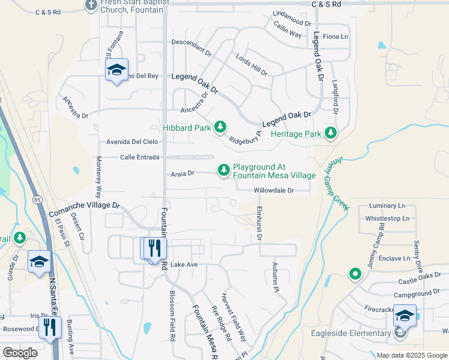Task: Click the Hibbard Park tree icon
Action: click(221, 127)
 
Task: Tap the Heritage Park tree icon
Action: click(330, 133)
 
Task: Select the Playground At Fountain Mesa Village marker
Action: click(224, 170)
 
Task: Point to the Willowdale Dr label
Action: click(273, 190)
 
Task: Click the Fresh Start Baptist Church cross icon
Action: click(91, 6)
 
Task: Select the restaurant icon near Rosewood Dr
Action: click(49, 327)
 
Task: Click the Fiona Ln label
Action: click(336, 37)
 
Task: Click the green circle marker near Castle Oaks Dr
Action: click(355, 275)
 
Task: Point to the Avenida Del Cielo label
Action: click(131, 142)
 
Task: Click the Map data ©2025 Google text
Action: click(411, 355)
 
